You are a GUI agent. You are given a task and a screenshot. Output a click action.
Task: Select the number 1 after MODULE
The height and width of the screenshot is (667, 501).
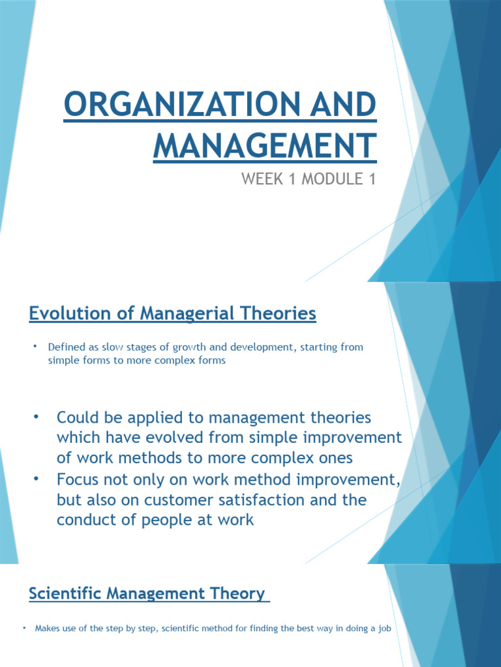(372, 179)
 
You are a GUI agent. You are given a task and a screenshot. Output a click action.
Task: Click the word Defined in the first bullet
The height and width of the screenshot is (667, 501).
(64, 347)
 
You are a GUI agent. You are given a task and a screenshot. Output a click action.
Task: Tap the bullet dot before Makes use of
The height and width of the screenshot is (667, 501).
(23, 628)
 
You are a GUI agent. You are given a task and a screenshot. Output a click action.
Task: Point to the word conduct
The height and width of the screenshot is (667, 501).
(83, 520)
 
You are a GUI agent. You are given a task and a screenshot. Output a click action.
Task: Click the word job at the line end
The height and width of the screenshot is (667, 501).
(382, 629)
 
